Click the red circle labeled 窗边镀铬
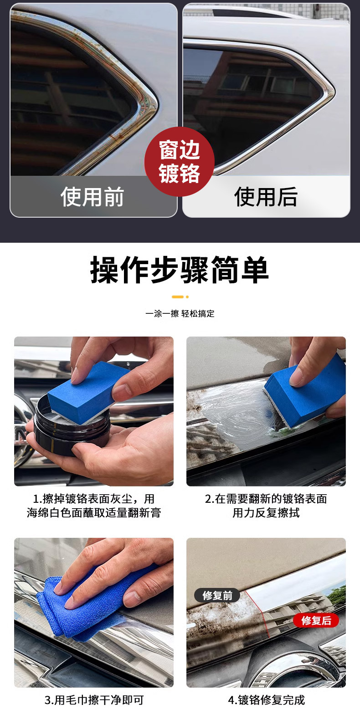180,162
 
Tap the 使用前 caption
92,196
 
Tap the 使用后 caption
266,196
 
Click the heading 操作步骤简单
180,270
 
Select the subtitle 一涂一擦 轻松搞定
180,313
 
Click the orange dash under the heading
178,297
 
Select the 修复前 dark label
217,595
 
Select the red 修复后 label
316,620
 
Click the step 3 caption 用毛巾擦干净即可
94,700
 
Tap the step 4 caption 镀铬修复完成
266,700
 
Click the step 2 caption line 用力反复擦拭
266,513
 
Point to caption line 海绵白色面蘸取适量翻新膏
94,513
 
